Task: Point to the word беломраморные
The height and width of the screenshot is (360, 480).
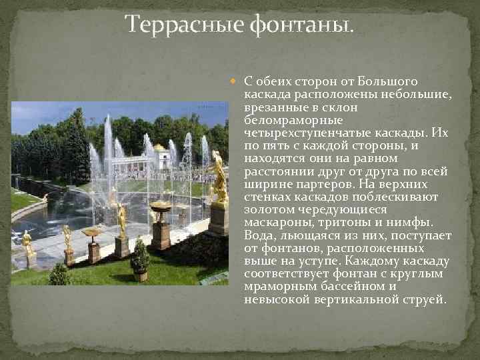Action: click(x=293, y=120)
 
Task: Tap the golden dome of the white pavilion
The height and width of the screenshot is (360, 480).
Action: click(x=160, y=147)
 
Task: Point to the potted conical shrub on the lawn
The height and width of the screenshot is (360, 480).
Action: click(x=140, y=258)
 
